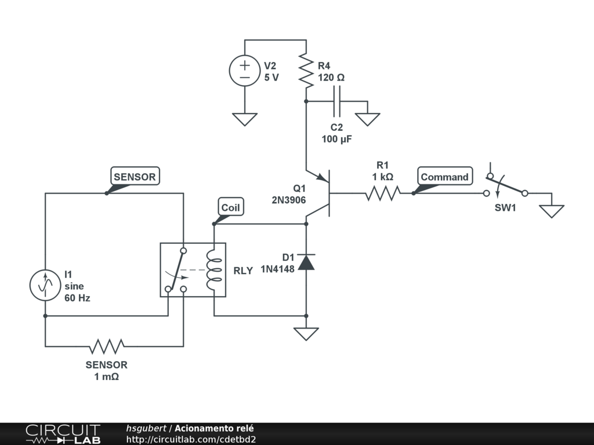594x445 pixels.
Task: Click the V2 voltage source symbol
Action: tap(245, 71)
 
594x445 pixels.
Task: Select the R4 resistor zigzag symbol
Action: tap(306, 70)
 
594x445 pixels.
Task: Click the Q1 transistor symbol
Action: tap(322, 194)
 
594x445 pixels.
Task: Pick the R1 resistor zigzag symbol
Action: tap(383, 193)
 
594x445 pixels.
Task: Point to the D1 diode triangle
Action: tap(306, 262)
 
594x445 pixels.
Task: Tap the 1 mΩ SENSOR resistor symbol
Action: tap(107, 346)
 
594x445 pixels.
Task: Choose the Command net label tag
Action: tap(444, 177)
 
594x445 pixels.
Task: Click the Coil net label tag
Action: tap(230, 207)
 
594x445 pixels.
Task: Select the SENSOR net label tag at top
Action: tap(135, 177)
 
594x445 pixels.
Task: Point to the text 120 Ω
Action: tap(331, 77)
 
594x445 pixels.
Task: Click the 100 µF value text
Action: tap(337, 139)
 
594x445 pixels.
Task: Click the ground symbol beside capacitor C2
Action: tap(368, 118)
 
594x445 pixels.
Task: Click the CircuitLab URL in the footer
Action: tap(191, 439)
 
